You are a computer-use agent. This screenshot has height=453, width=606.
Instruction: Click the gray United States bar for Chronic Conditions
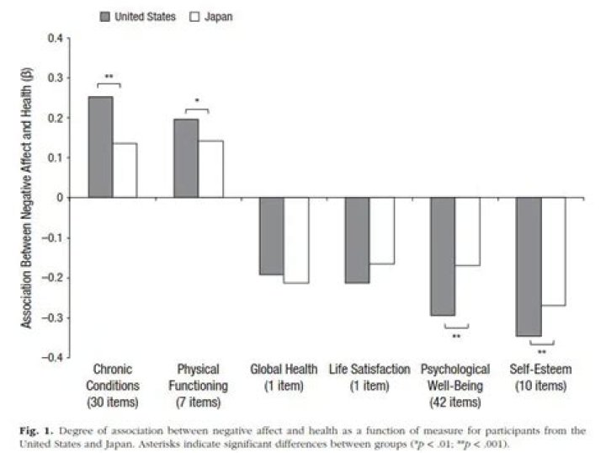(x=100, y=147)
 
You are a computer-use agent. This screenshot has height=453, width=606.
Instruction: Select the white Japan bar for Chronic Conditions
(x=125, y=171)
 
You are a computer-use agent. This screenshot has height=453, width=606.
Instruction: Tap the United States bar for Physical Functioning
(x=186, y=158)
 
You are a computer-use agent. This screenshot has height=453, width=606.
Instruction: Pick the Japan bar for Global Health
(x=296, y=240)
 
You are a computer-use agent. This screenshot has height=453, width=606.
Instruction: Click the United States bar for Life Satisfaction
(x=357, y=240)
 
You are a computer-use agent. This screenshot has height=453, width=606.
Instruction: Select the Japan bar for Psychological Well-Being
(x=467, y=232)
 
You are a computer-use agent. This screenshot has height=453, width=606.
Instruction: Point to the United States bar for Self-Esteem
(x=529, y=267)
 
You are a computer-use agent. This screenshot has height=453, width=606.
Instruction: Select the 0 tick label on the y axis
(x=60, y=198)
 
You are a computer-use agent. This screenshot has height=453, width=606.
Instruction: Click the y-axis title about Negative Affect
(x=28, y=197)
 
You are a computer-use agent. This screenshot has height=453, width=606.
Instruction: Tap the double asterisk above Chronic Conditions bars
(x=109, y=77)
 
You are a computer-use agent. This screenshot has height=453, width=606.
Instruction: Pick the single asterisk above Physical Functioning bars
(x=196, y=102)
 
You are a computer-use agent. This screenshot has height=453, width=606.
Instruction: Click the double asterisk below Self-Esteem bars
(x=541, y=352)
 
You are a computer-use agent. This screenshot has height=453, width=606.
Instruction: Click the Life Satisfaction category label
(x=369, y=377)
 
